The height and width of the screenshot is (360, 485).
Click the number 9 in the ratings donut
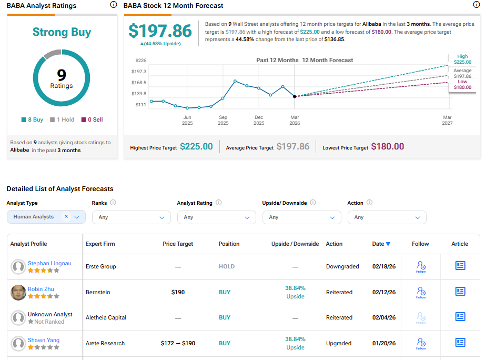click(x=62, y=75)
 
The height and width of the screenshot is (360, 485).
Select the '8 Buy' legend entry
click(x=32, y=119)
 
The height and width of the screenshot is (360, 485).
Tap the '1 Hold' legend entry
click(x=62, y=119)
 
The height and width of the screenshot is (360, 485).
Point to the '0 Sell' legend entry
click(x=92, y=119)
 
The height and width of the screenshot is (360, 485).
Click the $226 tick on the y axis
click(x=140, y=61)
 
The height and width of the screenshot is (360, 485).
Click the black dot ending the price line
click(x=295, y=96)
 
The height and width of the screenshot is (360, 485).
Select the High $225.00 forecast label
click(x=462, y=59)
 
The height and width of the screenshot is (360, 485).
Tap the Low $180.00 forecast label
click(x=462, y=85)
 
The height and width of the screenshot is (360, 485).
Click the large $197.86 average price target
click(x=160, y=31)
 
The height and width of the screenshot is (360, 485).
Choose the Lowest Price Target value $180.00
click(x=388, y=147)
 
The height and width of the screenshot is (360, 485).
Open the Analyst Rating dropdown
click(x=216, y=217)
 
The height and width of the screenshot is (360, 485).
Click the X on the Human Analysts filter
click(x=66, y=216)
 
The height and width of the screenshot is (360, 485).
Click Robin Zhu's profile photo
click(x=18, y=292)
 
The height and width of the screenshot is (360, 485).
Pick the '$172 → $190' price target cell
click(x=178, y=343)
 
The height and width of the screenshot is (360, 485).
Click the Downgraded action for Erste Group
click(x=342, y=266)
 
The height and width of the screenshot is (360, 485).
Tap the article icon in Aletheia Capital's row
click(x=460, y=317)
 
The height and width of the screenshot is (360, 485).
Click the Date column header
click(x=381, y=244)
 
